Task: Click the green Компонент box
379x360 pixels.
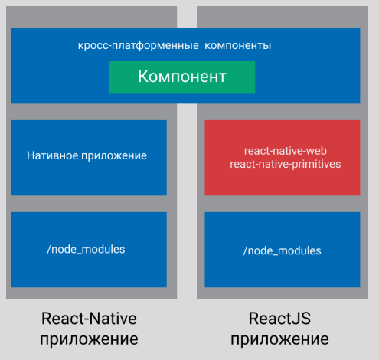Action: click(x=182, y=77)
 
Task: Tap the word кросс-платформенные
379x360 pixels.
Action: click(x=138, y=46)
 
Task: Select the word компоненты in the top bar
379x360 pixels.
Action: click(x=238, y=46)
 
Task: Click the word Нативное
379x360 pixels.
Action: click(x=52, y=155)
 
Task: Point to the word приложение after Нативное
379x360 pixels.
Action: click(x=114, y=156)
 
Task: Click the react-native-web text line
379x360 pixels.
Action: click(x=286, y=151)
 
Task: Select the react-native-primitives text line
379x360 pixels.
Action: click(x=286, y=164)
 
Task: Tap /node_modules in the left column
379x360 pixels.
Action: click(x=86, y=249)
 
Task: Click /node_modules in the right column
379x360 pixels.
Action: click(x=282, y=250)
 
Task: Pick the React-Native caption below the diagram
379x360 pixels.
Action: click(x=89, y=319)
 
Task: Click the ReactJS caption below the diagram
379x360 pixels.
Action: click(x=279, y=319)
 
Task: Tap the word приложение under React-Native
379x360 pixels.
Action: click(x=89, y=340)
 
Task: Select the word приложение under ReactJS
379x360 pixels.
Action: click(x=279, y=340)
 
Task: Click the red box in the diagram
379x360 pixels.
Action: click(x=283, y=158)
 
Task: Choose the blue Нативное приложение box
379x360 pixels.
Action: click(x=89, y=158)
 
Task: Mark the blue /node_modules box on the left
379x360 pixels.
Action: click(x=89, y=250)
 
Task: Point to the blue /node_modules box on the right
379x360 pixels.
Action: click(x=283, y=250)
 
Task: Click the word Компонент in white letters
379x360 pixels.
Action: click(x=182, y=77)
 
